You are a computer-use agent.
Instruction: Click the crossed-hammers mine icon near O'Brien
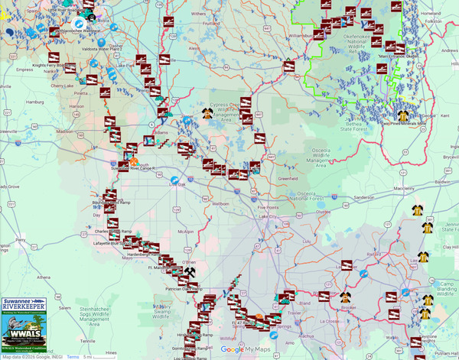[190, 271]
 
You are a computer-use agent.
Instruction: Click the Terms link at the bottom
[73, 356]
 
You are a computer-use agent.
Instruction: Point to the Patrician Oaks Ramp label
[184, 289]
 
